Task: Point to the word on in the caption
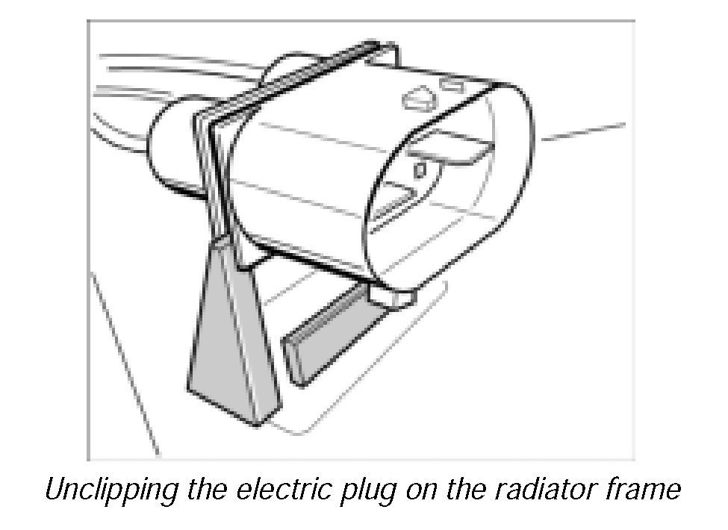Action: tap(431, 491)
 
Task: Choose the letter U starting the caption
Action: tap(55, 491)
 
